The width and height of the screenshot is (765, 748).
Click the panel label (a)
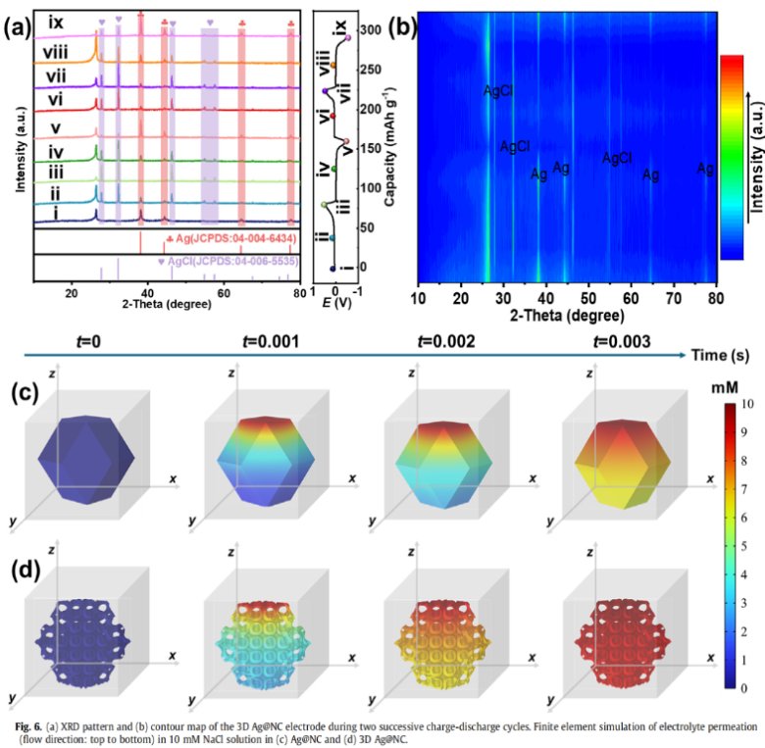(x=19, y=27)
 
